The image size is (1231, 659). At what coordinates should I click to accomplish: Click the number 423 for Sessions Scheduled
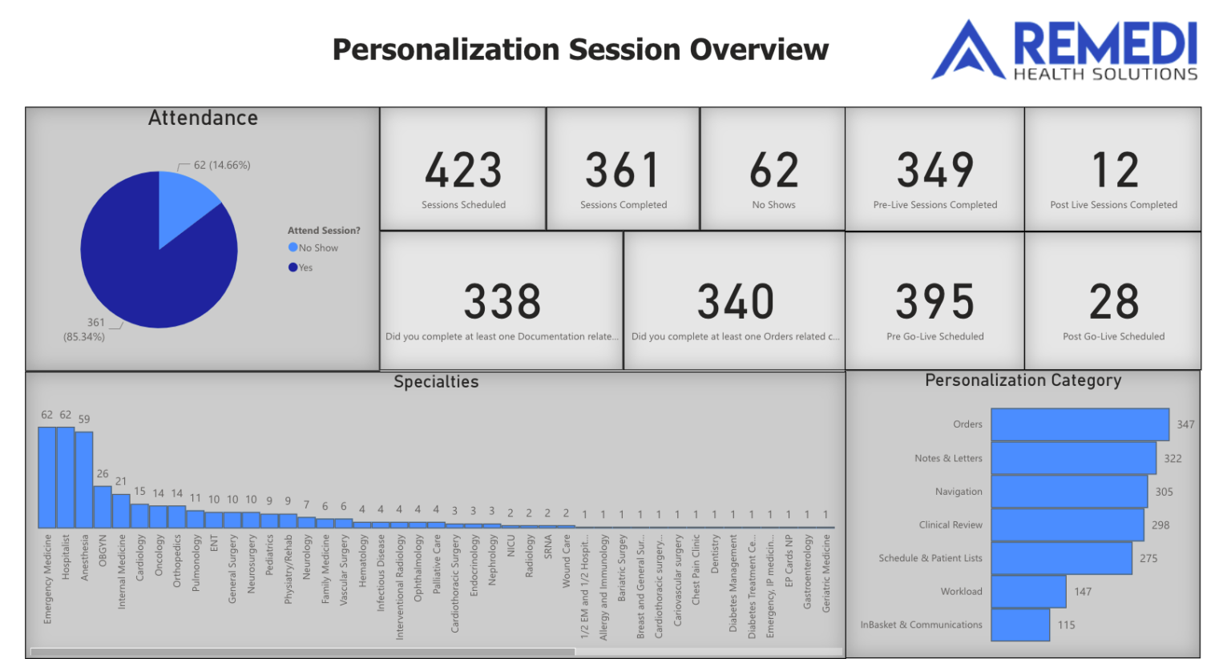click(x=463, y=170)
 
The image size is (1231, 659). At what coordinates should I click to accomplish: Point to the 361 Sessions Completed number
click(x=623, y=170)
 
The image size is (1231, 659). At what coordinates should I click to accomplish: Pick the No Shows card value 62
click(x=773, y=170)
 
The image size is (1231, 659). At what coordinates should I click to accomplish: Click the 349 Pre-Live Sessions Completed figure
click(x=934, y=170)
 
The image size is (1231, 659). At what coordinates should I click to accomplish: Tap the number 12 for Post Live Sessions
click(x=1114, y=170)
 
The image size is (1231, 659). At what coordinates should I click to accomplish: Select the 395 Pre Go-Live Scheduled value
click(x=934, y=302)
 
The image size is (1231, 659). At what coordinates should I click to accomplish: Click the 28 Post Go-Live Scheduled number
click(x=1114, y=302)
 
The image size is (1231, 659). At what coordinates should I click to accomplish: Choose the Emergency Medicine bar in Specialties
click(x=46, y=477)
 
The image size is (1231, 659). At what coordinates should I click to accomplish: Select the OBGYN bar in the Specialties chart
click(x=103, y=507)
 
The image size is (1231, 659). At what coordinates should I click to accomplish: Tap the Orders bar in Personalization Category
click(x=1080, y=424)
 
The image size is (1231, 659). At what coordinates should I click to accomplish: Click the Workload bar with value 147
click(x=1028, y=592)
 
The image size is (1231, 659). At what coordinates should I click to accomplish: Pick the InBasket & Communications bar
click(x=1020, y=625)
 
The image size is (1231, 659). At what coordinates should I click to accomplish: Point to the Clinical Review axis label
click(x=950, y=525)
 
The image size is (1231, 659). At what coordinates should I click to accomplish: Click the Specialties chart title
click(x=436, y=382)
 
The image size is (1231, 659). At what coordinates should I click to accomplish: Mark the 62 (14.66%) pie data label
click(x=222, y=165)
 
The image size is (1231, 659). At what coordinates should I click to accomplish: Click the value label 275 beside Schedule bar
click(x=1148, y=558)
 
